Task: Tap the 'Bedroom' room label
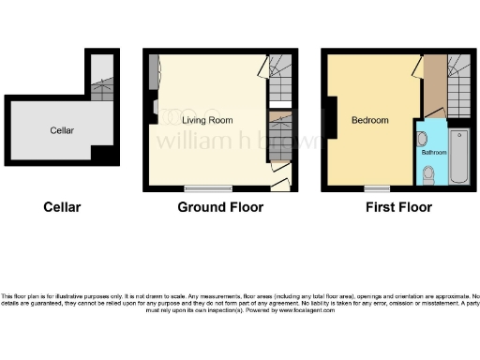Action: tap(369, 120)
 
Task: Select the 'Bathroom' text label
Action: tap(433, 151)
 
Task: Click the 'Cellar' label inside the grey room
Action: tap(62, 130)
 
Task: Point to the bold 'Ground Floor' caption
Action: tap(220, 207)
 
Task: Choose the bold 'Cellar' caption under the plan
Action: tap(62, 207)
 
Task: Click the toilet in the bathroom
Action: tap(428, 173)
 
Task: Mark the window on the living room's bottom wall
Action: tap(208, 187)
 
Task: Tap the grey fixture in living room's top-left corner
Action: tap(153, 70)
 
